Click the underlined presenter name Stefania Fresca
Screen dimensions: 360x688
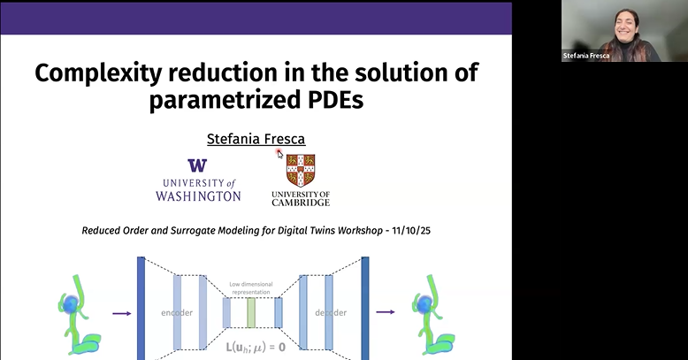(x=255, y=139)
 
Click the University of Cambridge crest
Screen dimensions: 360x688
(x=301, y=170)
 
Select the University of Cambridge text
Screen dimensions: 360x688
(x=301, y=197)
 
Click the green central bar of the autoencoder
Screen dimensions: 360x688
(x=251, y=311)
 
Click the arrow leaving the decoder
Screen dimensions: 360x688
(x=385, y=312)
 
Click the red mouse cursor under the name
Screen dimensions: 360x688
(x=279, y=154)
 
